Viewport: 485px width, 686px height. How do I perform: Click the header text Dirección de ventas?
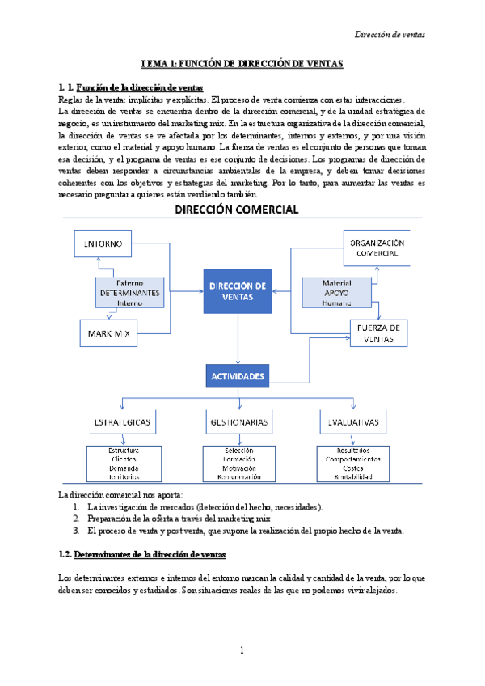(x=391, y=34)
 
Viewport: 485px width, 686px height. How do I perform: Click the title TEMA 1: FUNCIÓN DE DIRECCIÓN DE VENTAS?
(x=242, y=62)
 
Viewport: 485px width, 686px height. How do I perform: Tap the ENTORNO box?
(x=103, y=243)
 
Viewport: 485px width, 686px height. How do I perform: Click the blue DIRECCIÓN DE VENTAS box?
(x=237, y=291)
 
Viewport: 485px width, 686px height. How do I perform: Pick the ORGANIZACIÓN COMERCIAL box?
(x=375, y=248)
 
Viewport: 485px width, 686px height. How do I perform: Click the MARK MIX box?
(x=109, y=332)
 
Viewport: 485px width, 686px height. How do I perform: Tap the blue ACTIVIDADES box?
(x=238, y=376)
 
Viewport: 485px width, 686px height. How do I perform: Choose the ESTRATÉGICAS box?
(x=122, y=422)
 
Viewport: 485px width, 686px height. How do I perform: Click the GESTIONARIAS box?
(x=239, y=422)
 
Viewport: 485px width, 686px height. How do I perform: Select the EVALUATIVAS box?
(x=354, y=422)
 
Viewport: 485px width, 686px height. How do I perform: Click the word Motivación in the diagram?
(x=239, y=468)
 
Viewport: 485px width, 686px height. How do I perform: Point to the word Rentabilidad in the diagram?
(x=354, y=477)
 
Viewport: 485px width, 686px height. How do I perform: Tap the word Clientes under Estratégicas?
(x=123, y=459)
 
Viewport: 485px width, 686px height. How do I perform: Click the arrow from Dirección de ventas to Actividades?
(x=238, y=340)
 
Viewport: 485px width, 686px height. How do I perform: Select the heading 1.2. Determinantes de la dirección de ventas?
(x=143, y=554)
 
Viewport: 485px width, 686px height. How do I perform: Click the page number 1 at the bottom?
(x=242, y=650)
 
